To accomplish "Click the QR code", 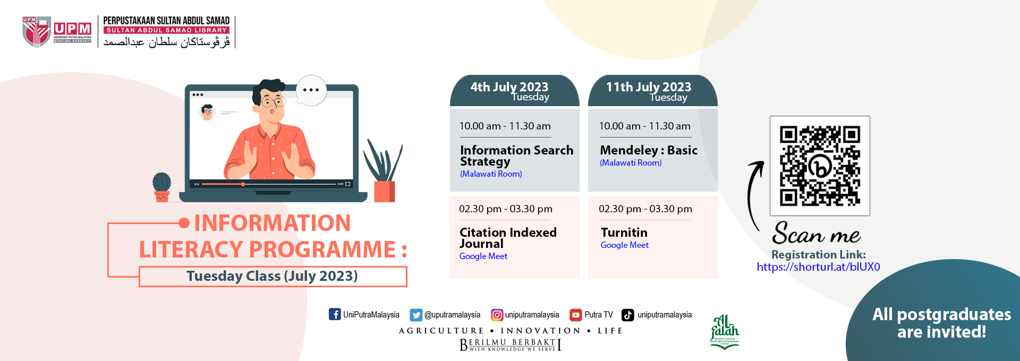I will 820,166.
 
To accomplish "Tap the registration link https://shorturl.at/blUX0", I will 818,267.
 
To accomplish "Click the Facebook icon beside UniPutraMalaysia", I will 335,314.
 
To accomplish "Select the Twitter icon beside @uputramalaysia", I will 416,315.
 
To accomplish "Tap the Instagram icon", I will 497,315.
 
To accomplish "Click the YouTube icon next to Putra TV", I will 575,315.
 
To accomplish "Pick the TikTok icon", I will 628,315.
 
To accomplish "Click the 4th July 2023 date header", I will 514,91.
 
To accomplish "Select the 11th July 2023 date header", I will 652,91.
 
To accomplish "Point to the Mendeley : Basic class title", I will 648,150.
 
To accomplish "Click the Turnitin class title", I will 624,233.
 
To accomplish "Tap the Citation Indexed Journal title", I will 507,238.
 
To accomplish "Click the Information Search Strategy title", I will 516,156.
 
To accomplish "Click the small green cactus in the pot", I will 161,182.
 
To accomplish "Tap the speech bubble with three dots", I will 311,90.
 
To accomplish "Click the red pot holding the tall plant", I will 384,191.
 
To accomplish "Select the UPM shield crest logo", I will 36,31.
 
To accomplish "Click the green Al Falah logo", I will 725,332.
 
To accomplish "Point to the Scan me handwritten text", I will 816,234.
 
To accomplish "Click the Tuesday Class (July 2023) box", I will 273,276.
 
